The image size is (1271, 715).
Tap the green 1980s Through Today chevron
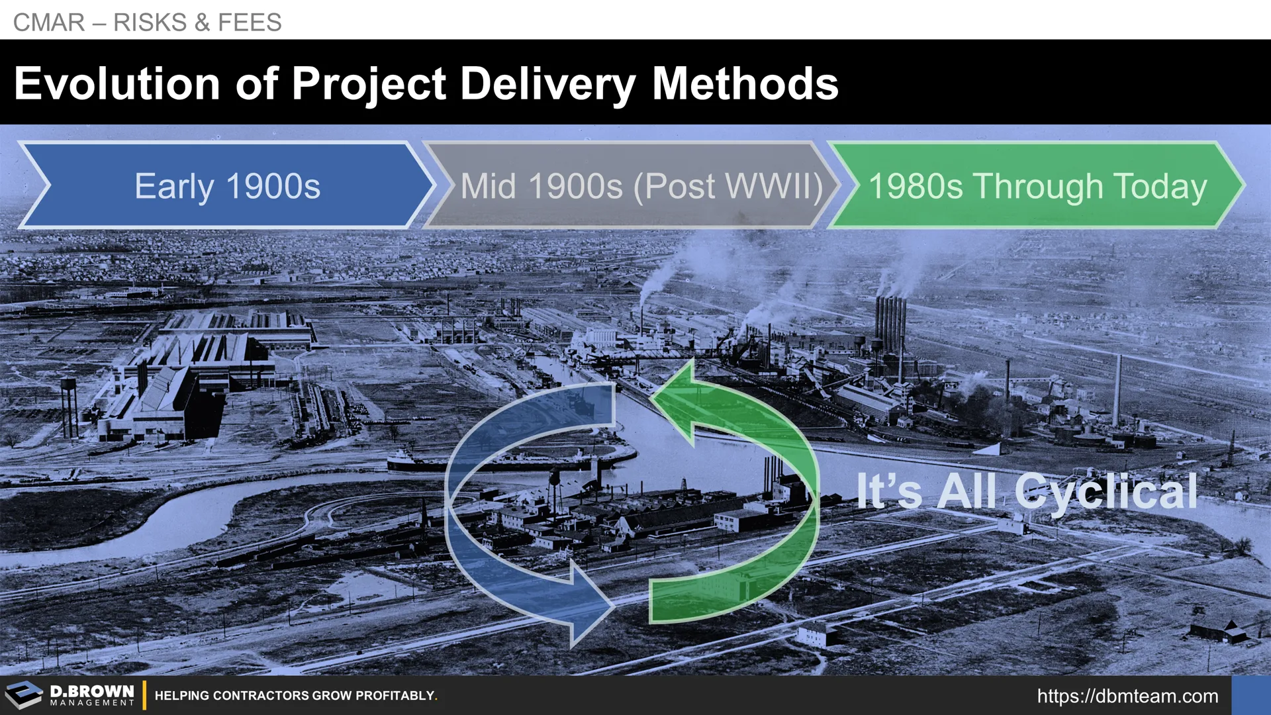[x=1037, y=185]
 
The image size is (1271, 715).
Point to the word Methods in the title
[x=745, y=84]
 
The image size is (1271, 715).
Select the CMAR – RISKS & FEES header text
[x=148, y=23]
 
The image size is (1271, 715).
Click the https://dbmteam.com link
[x=1127, y=696]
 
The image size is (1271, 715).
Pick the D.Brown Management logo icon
[x=24, y=695]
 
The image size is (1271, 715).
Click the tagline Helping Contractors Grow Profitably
[x=296, y=696]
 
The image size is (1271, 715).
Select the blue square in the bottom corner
[x=1251, y=695]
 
